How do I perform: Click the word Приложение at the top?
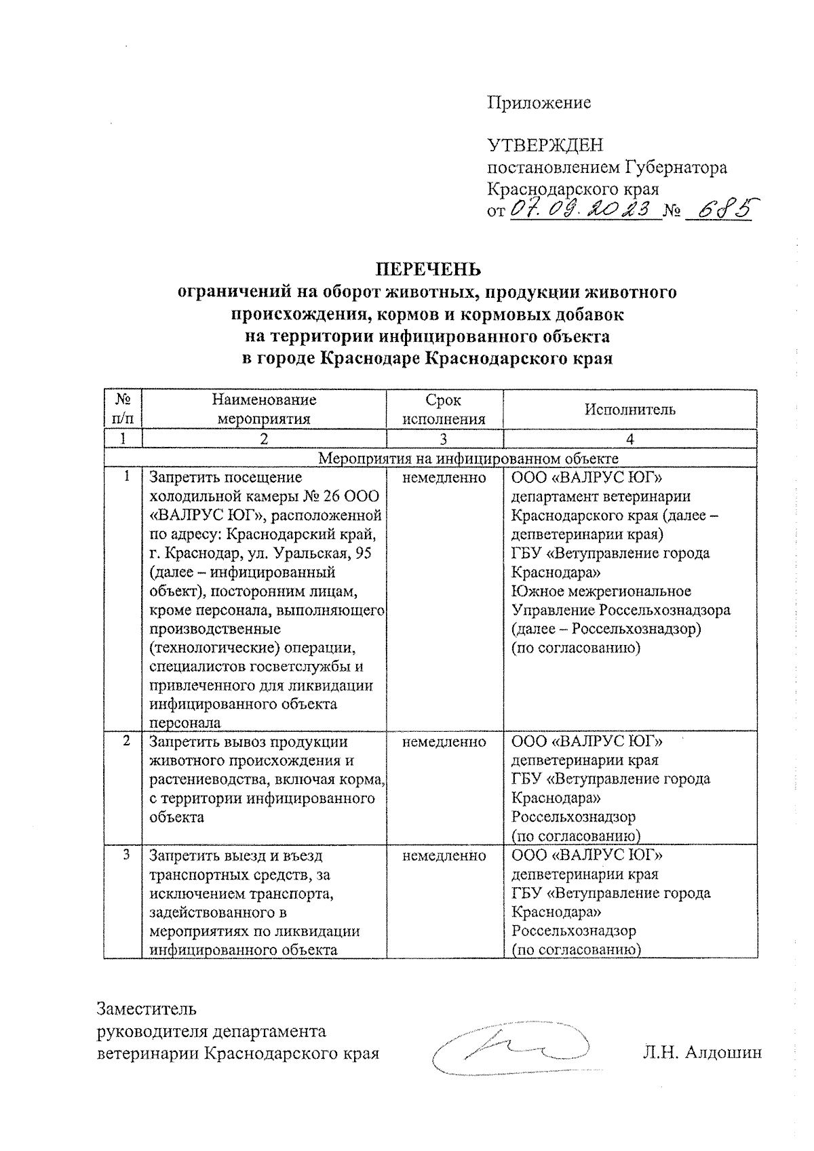[x=539, y=103]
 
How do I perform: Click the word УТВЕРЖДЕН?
[x=545, y=145]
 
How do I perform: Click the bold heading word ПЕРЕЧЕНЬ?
[x=428, y=269]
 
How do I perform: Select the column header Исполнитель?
[x=630, y=409]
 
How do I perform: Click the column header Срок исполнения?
[x=444, y=409]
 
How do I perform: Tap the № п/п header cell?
[x=123, y=409]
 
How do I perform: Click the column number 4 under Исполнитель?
[x=630, y=439]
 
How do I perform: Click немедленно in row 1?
[x=444, y=478]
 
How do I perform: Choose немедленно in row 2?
[x=444, y=742]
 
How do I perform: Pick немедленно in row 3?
[x=444, y=856]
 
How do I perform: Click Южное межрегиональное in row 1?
[x=601, y=591]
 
